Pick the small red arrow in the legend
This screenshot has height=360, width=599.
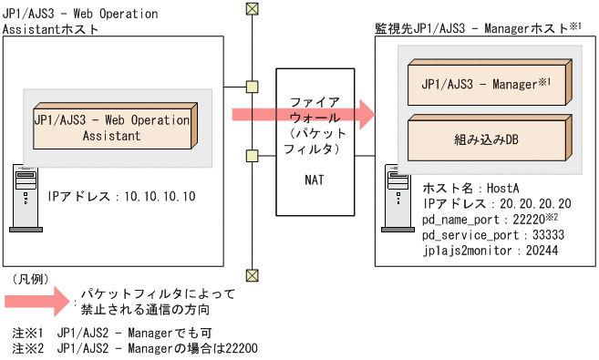point(37,302)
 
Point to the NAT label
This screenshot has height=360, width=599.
point(310,180)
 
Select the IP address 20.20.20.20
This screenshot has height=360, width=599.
point(543,203)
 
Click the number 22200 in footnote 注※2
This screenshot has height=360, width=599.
point(243,348)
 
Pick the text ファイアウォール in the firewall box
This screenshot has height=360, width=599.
point(310,108)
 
